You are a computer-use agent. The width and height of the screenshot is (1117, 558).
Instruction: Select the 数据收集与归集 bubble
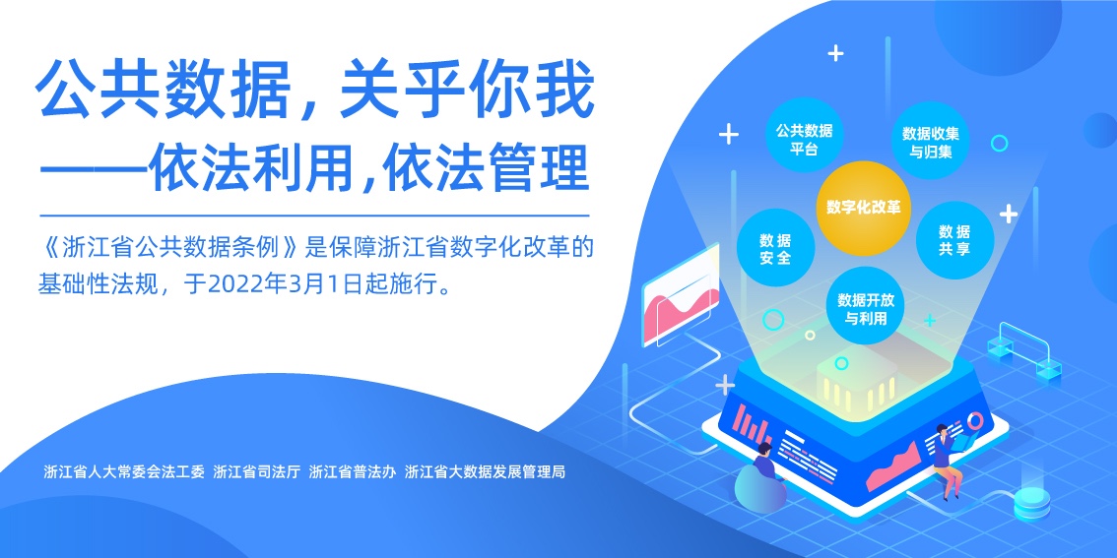931,142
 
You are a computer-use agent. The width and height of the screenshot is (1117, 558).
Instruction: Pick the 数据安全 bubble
775,248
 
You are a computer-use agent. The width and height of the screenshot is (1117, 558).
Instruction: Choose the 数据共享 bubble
954,240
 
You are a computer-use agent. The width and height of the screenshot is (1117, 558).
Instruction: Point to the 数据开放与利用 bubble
866,306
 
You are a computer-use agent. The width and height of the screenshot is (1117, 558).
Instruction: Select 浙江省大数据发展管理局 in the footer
486,471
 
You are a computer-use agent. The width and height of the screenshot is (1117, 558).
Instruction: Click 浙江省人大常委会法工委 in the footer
124,471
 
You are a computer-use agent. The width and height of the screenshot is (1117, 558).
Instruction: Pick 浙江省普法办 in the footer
353,471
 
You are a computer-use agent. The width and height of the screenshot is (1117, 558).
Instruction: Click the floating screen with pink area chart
681,293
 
